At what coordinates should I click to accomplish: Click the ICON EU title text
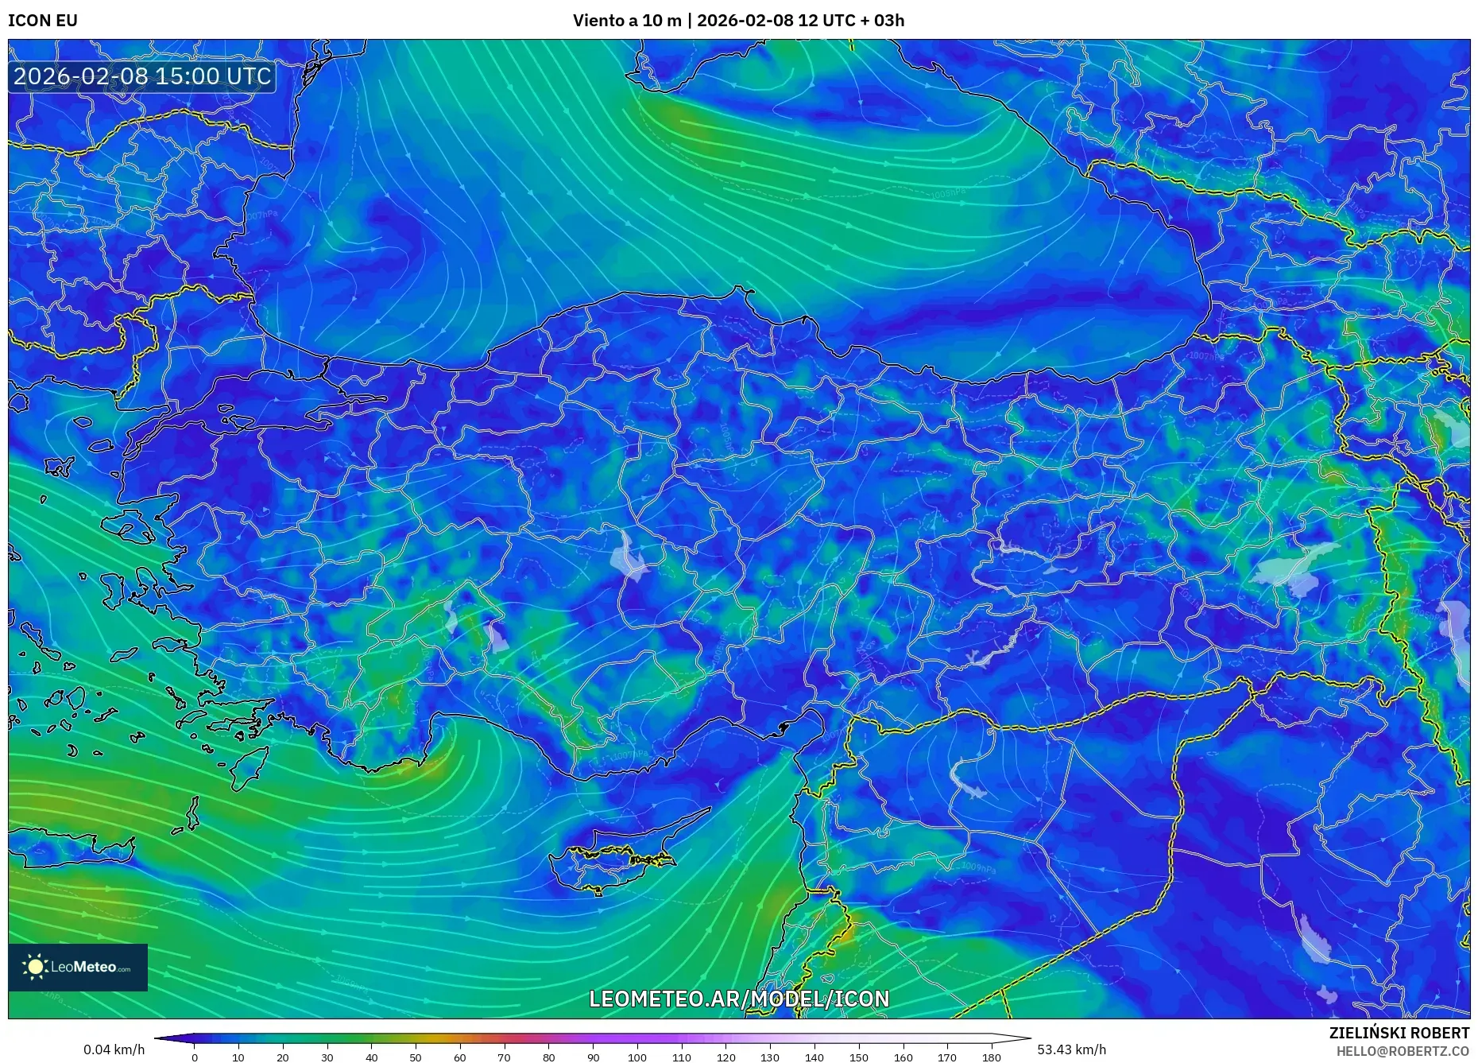tap(43, 21)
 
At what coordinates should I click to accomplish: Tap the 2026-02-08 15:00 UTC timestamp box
tap(142, 76)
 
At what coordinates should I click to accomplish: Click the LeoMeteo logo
tap(78, 967)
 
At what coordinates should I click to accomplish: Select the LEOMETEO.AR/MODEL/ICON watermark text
tap(739, 999)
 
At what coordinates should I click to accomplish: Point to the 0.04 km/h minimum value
tap(114, 1049)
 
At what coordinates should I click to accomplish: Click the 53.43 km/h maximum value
tap(1071, 1049)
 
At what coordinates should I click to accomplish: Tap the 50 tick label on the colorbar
tap(416, 1057)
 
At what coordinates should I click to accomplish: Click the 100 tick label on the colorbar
tap(637, 1057)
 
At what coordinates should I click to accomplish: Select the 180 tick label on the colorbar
tap(991, 1057)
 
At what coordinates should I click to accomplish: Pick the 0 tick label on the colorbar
tap(195, 1057)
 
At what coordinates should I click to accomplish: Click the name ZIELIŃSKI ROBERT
tap(1399, 1033)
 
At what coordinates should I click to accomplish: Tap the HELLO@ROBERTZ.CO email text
tap(1403, 1051)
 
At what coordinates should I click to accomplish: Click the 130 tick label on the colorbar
tap(770, 1057)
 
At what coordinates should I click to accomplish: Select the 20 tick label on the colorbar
tap(283, 1057)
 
